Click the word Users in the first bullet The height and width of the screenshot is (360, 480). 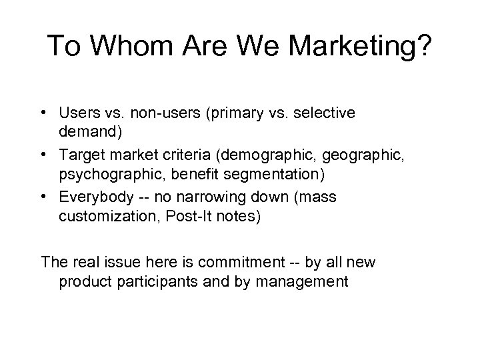(77, 114)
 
